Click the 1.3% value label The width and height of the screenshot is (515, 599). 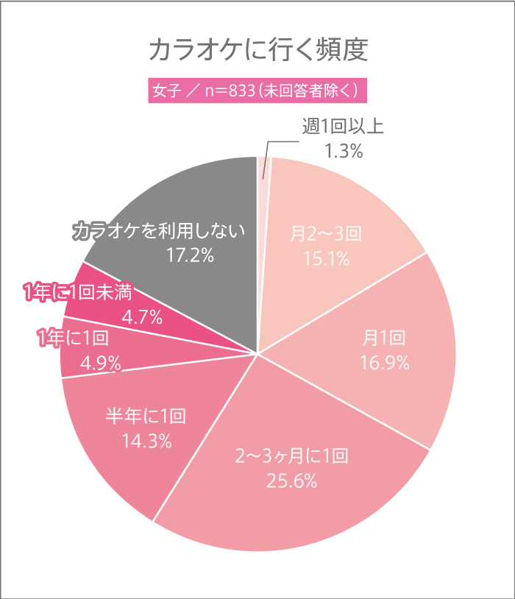click(344, 151)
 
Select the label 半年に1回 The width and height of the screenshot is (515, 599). click(146, 417)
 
